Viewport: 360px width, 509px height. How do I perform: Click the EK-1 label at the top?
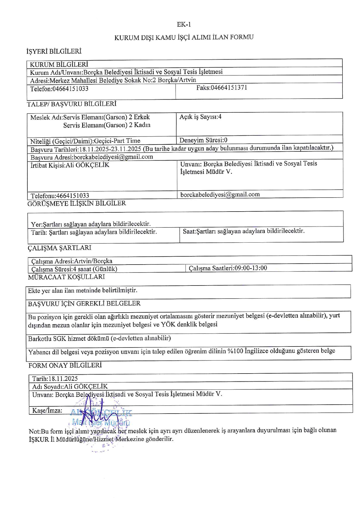point(184,25)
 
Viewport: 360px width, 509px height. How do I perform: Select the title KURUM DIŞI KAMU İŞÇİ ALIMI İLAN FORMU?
point(184,37)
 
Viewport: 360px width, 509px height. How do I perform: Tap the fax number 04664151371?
point(229,88)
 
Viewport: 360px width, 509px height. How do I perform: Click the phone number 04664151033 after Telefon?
point(70,89)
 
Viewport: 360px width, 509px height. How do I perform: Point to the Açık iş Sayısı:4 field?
point(200,117)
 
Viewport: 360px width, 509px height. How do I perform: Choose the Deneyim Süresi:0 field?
point(203,140)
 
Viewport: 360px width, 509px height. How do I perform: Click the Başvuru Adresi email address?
point(113,157)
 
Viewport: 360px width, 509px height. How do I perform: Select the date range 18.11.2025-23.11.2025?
point(110,149)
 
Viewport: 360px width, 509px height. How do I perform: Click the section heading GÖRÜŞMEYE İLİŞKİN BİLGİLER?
point(77,203)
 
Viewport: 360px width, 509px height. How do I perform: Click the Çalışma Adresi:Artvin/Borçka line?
point(72,261)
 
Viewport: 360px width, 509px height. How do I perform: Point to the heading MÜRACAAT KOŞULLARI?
point(66,277)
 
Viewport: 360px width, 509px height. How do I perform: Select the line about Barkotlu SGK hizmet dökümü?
point(99,338)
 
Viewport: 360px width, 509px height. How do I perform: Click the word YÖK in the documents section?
point(168,324)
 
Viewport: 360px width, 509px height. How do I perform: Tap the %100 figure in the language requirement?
point(235,351)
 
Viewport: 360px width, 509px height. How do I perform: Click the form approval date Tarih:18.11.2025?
point(55,379)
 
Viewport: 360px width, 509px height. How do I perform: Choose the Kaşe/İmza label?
point(47,411)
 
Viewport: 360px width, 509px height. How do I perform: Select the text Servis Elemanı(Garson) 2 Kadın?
point(107,125)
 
